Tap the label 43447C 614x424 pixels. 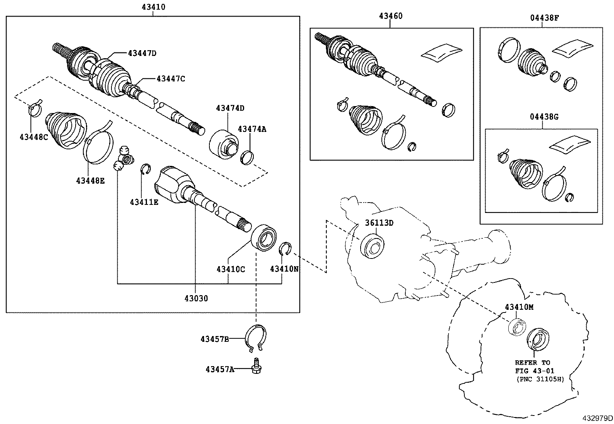tap(170, 79)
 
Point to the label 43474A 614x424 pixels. tap(252, 129)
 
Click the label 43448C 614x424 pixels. tap(34, 136)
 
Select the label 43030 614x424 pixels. tap(196, 298)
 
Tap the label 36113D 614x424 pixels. tap(379, 223)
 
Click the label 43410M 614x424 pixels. tap(520, 307)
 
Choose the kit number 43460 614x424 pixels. tap(390, 16)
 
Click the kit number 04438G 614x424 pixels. tap(541, 117)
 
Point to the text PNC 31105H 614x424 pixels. tap(540, 379)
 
